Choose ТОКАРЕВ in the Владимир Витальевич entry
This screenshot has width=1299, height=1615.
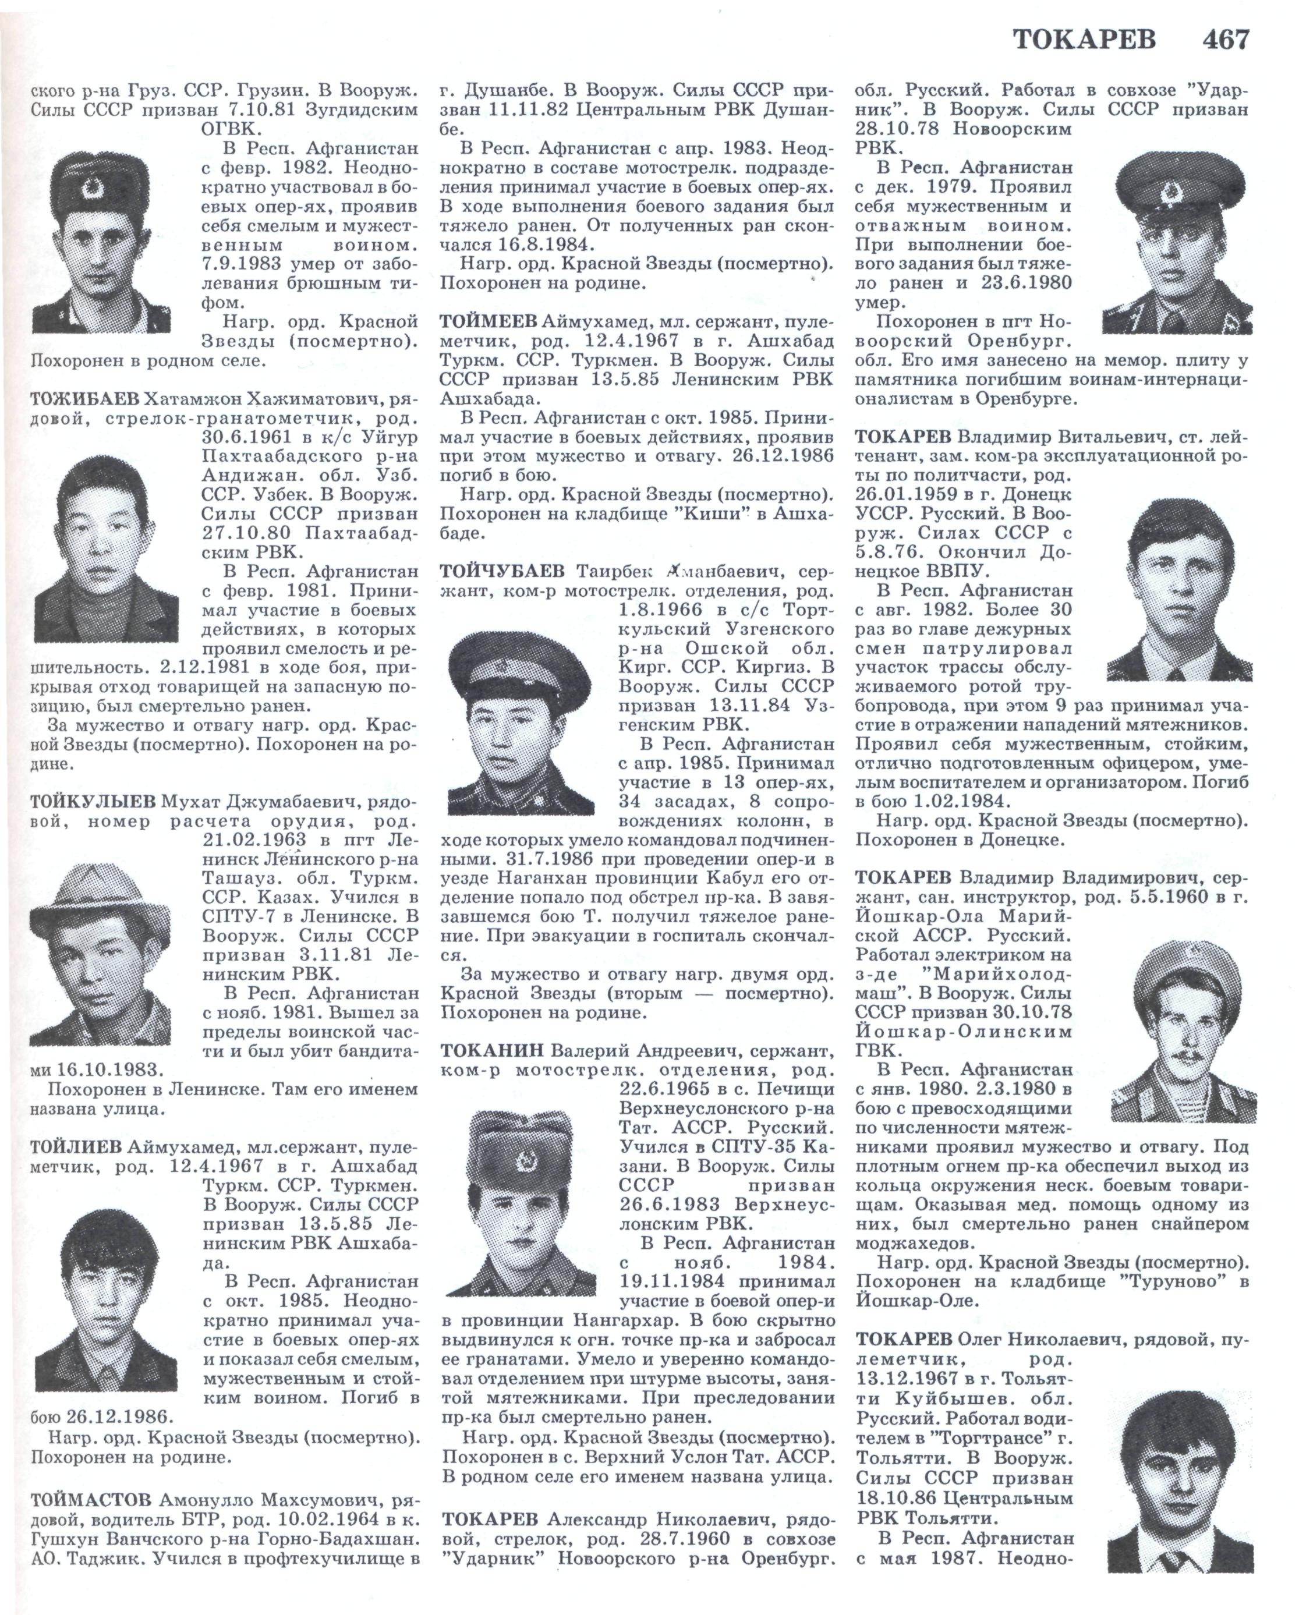point(904,437)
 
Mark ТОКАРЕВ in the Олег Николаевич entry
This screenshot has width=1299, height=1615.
point(904,1338)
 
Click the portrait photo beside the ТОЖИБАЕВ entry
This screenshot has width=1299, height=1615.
point(107,549)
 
